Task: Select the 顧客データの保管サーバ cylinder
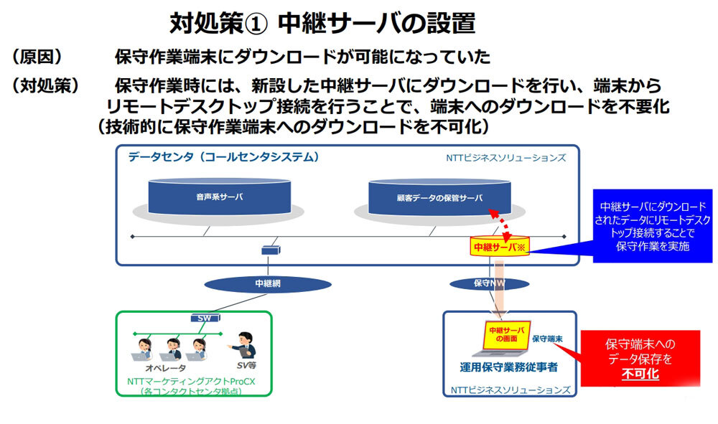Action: coord(439,197)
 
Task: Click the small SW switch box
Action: coord(202,318)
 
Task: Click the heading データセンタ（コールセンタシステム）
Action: coord(223,157)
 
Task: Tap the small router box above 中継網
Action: coord(271,250)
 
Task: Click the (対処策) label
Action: coord(45,85)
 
